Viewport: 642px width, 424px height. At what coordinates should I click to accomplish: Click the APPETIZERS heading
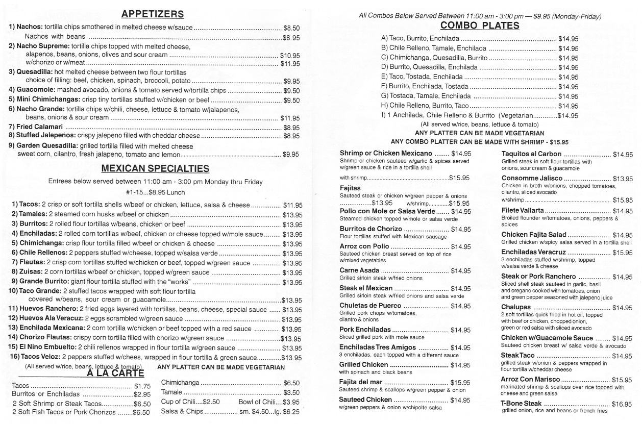point(153,14)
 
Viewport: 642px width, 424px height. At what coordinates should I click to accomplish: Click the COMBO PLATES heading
point(479,26)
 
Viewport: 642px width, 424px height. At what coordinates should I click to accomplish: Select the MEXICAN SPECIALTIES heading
point(155,168)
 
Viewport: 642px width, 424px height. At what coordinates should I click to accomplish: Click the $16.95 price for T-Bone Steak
point(622,404)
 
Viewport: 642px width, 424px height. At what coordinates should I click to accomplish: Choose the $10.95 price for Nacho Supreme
point(290,55)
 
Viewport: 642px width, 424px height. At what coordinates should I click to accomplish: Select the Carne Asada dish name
point(359,271)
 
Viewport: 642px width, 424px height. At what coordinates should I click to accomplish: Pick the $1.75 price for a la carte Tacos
point(142,386)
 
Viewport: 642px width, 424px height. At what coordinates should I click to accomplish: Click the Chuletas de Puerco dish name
point(370,306)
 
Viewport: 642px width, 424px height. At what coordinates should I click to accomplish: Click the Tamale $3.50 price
point(291,392)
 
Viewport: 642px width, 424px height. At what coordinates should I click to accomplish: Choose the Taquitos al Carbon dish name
point(531,154)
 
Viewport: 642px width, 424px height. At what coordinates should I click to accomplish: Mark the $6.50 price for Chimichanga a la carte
point(291,383)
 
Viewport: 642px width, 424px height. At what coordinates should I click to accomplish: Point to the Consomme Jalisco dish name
point(532,178)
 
